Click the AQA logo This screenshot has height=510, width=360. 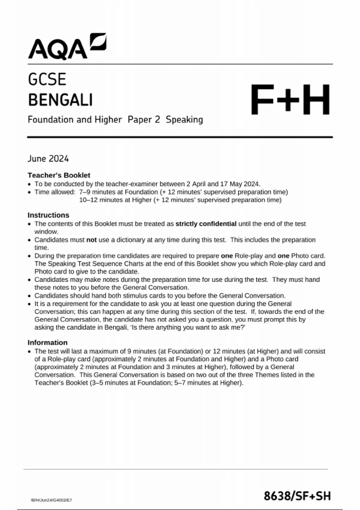[x=67, y=47]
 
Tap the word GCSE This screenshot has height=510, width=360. [x=47, y=80]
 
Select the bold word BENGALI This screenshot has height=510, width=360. [x=60, y=100]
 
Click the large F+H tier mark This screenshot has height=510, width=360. [x=290, y=100]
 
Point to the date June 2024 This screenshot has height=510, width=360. [x=48, y=159]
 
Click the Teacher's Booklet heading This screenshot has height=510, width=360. [x=59, y=175]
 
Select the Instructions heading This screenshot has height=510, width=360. [x=48, y=215]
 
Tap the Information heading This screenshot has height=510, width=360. [x=47, y=343]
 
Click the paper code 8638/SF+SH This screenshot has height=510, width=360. [x=297, y=496]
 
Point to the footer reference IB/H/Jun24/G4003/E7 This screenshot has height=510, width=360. [x=51, y=500]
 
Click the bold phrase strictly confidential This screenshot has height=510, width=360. [x=206, y=224]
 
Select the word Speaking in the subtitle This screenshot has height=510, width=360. [x=184, y=120]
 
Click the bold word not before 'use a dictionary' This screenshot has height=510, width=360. [x=91, y=240]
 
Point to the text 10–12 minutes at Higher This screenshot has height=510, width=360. [x=115, y=200]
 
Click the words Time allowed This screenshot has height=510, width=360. [x=55, y=192]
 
